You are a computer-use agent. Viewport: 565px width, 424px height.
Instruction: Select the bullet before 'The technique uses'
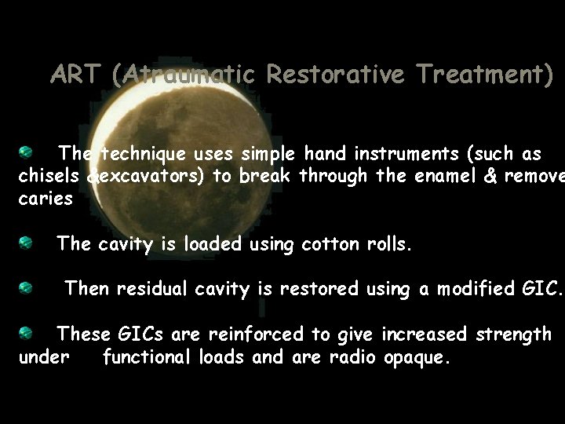pos(26,150)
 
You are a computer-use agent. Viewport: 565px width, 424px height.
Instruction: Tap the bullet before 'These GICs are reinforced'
pos(26,333)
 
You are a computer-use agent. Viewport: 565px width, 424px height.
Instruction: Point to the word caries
pos(46,199)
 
